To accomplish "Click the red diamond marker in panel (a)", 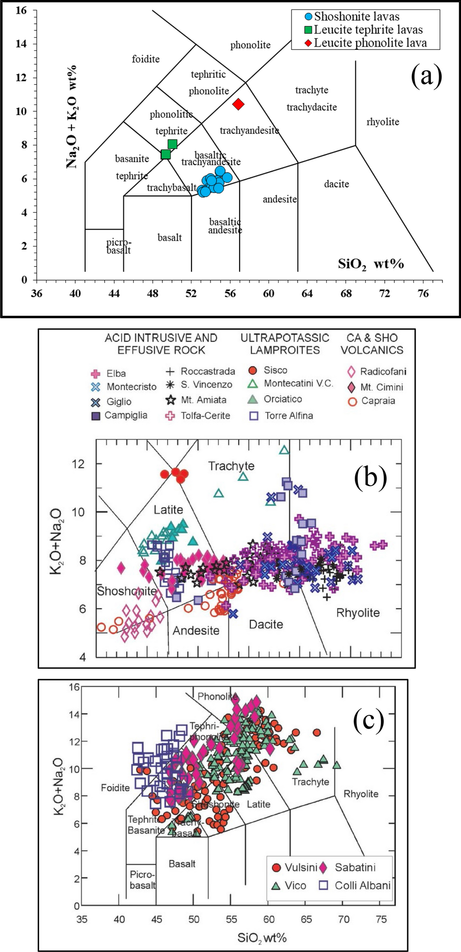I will coord(239,104).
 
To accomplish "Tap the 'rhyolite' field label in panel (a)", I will coord(382,122).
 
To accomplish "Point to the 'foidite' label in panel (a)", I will coord(146,59).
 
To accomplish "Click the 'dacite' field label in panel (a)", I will coord(336,184).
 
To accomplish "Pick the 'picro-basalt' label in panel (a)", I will coord(119,246).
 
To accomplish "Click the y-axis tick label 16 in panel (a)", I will coord(21,10).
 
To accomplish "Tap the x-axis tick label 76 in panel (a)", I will coord(423,293).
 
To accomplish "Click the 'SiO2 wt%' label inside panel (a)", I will coord(371,264).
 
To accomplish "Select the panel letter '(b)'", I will coord(370,476).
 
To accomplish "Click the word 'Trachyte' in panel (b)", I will coord(231,466).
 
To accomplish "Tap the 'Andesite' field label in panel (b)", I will coord(196,631).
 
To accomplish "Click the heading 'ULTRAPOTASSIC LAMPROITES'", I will coord(285,344).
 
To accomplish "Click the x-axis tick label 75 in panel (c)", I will coord(381,919).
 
